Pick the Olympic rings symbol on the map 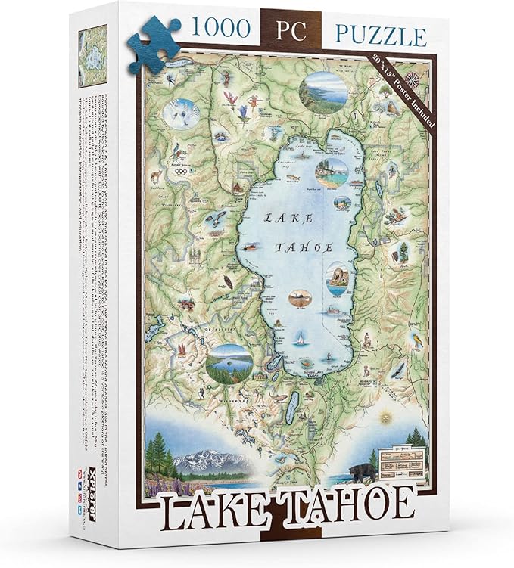tap(179, 172)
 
